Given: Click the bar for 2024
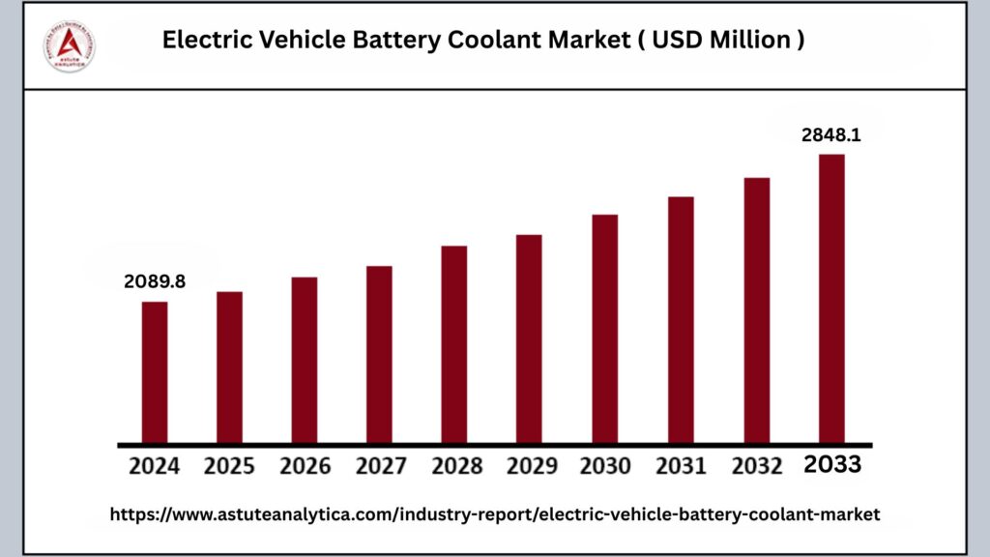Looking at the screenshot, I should pyautogui.click(x=155, y=372).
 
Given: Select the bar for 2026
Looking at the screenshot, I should pyautogui.click(x=305, y=360).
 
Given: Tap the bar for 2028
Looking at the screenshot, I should pyautogui.click(x=454, y=344).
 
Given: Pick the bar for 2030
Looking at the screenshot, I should pyautogui.click(x=604, y=329).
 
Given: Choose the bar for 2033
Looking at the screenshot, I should pyautogui.click(x=831, y=298).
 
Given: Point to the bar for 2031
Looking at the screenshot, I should pyautogui.click(x=681, y=320).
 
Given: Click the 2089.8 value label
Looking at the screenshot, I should pyautogui.click(x=155, y=281).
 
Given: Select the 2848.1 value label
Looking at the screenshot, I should pyautogui.click(x=831, y=135).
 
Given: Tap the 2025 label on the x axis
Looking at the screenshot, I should pyautogui.click(x=229, y=465).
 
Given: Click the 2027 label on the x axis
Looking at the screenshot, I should pyautogui.click(x=380, y=465).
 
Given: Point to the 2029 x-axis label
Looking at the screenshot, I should pyautogui.click(x=530, y=465).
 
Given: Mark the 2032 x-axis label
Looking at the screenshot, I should pyautogui.click(x=757, y=465).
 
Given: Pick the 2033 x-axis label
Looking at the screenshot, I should pyautogui.click(x=832, y=464).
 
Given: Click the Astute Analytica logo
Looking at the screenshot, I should pyautogui.click(x=70, y=44).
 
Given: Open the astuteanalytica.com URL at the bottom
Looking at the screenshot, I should pyautogui.click(x=495, y=515).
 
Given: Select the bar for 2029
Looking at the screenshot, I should pyautogui.click(x=529, y=338).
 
